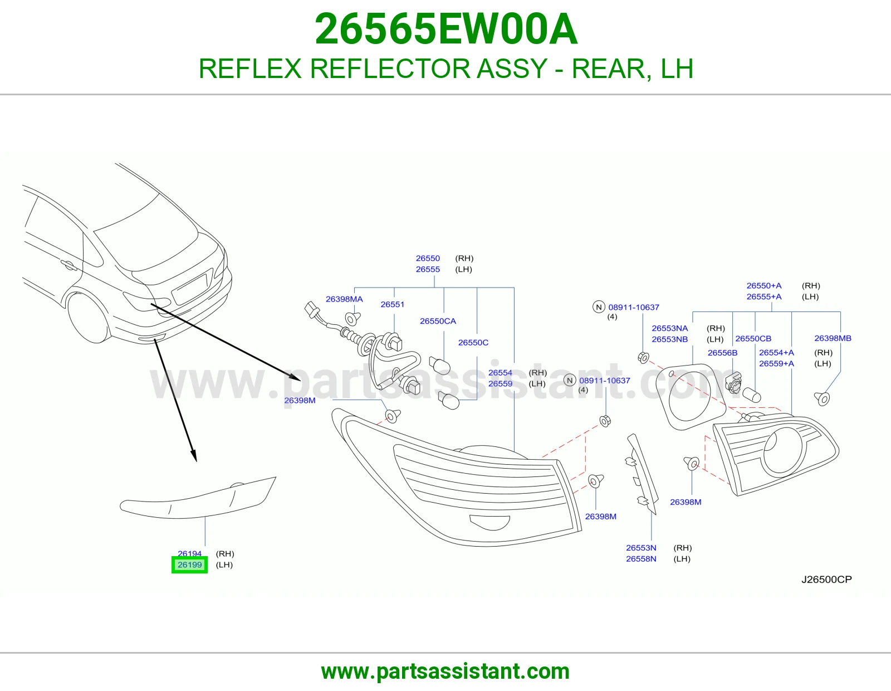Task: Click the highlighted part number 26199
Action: coord(189,565)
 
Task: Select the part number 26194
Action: coord(189,553)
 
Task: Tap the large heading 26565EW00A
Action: coord(445,29)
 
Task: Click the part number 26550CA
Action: coord(438,321)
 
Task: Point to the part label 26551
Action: coord(392,304)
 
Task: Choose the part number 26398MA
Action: coord(344,299)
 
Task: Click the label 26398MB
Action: coord(833,338)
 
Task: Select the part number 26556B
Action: coord(722,353)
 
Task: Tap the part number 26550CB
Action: coord(753,338)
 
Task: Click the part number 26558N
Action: coord(641,558)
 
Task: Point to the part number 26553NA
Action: coord(669,328)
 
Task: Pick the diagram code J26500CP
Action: coord(826,579)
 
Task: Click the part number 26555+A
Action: coord(763,296)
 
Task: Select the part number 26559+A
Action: coord(776,363)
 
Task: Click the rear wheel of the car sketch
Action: coord(88,318)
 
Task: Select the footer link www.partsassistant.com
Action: coord(445,671)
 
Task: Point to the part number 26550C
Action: coord(473,342)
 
